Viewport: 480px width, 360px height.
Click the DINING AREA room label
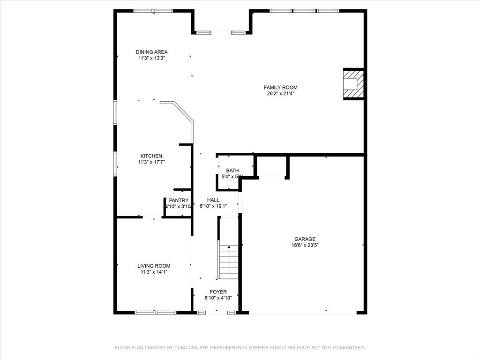(151, 52)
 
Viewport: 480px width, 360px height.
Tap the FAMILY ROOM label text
(280, 87)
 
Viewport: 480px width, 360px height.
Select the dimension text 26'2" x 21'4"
(280, 93)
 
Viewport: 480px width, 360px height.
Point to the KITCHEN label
(151, 156)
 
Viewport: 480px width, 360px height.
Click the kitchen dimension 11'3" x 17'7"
(151, 162)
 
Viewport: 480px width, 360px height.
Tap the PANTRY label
(179, 200)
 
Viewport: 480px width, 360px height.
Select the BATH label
(232, 171)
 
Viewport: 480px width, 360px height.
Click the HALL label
(213, 200)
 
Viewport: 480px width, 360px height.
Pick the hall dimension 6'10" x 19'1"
(213, 206)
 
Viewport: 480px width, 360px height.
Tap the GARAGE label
(305, 239)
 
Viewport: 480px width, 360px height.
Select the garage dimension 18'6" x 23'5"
(305, 245)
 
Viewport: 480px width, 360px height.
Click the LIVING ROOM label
(154, 266)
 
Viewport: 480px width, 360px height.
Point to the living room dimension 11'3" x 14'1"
(154, 272)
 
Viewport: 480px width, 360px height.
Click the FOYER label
(218, 292)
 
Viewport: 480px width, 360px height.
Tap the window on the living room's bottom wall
(156, 312)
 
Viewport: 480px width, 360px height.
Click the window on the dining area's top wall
(153, 11)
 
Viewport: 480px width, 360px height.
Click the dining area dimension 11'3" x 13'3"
(151, 58)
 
